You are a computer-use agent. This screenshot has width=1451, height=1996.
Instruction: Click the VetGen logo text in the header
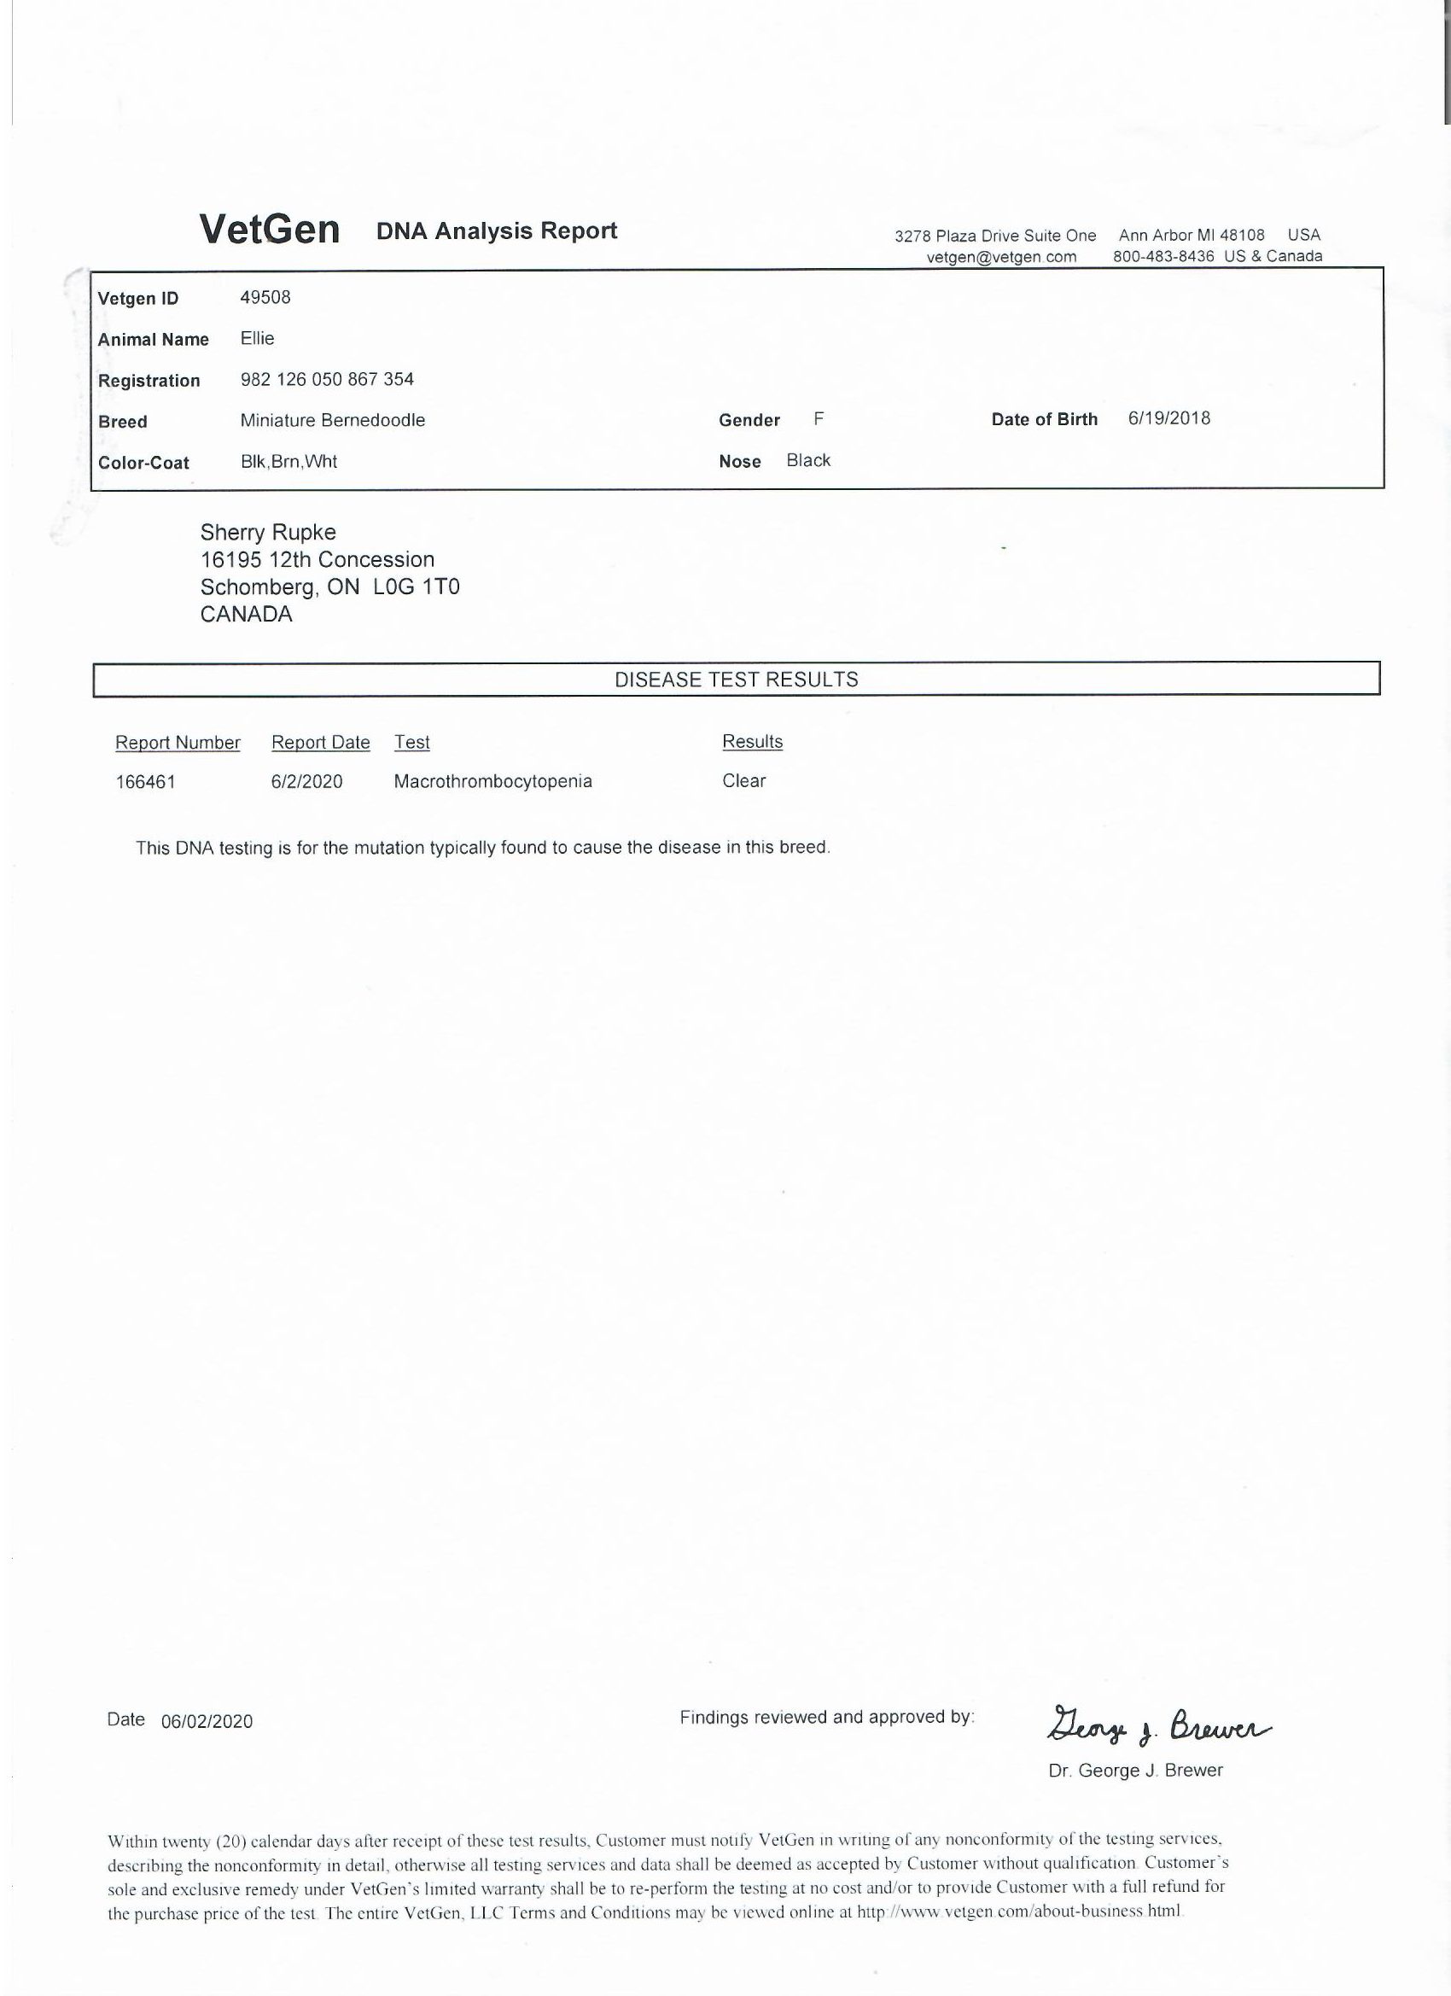tap(269, 230)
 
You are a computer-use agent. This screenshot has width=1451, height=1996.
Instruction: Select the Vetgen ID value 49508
tap(265, 297)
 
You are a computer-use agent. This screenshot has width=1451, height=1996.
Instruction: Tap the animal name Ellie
tap(257, 339)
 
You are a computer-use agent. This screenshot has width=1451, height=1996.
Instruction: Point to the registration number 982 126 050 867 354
tap(326, 379)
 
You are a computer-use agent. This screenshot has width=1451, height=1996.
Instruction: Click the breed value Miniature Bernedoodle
tap(332, 421)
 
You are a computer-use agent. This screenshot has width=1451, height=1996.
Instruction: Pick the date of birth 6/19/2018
tap(1168, 418)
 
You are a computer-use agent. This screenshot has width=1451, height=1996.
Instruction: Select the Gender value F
tap(819, 419)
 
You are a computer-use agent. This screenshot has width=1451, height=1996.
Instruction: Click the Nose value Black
tap(807, 460)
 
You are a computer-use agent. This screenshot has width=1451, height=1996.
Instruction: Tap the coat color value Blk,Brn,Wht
tap(288, 461)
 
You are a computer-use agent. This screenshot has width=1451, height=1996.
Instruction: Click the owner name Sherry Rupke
tap(267, 533)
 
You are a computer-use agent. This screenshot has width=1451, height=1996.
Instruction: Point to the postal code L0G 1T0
tap(417, 587)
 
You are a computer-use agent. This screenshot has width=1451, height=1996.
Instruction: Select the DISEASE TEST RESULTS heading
tap(736, 680)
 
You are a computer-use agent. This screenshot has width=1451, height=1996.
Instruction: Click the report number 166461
tap(145, 781)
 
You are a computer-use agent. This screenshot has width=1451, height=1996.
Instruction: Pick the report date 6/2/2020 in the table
tap(306, 781)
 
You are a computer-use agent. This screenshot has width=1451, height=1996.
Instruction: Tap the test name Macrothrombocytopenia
tap(492, 781)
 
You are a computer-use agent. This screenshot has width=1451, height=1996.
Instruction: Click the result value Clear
tap(743, 780)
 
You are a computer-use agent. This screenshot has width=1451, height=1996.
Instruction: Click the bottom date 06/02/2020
tap(207, 1721)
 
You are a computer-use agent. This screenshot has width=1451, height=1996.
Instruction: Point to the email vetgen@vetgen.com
tap(1001, 257)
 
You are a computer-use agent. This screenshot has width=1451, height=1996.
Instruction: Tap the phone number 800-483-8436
tap(1163, 256)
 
